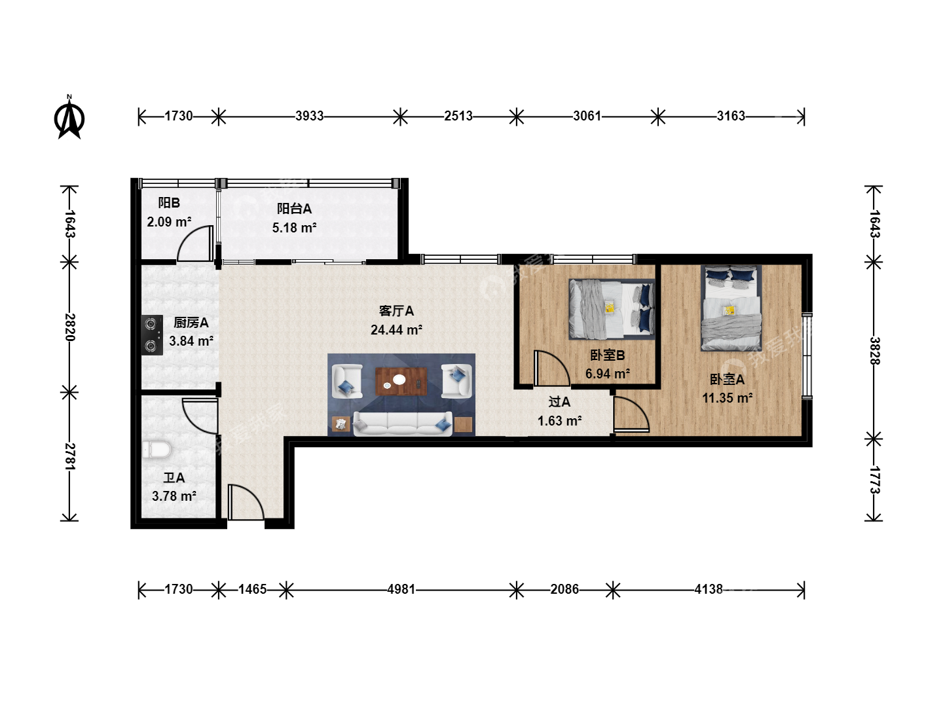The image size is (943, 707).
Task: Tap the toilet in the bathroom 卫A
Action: point(157,450)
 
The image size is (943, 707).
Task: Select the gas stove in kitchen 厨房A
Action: point(152,335)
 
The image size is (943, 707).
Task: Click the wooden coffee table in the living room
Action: point(401,381)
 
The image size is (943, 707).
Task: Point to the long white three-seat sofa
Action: point(403,424)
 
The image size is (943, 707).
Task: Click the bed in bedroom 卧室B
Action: point(612,309)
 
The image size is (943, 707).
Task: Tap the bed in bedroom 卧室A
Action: point(731,308)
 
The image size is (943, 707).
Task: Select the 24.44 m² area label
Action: point(396,330)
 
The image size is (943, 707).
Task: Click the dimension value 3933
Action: point(309,116)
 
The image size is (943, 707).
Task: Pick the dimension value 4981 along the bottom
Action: point(401,589)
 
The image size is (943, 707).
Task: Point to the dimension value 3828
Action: point(875,351)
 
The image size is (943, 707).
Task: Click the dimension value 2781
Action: point(70,456)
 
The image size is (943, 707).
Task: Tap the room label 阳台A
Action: point(294,209)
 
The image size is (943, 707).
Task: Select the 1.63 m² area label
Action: point(559,421)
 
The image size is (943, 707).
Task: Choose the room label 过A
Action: point(559,402)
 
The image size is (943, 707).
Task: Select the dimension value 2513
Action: point(458,116)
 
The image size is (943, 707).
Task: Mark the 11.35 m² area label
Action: point(727,398)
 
